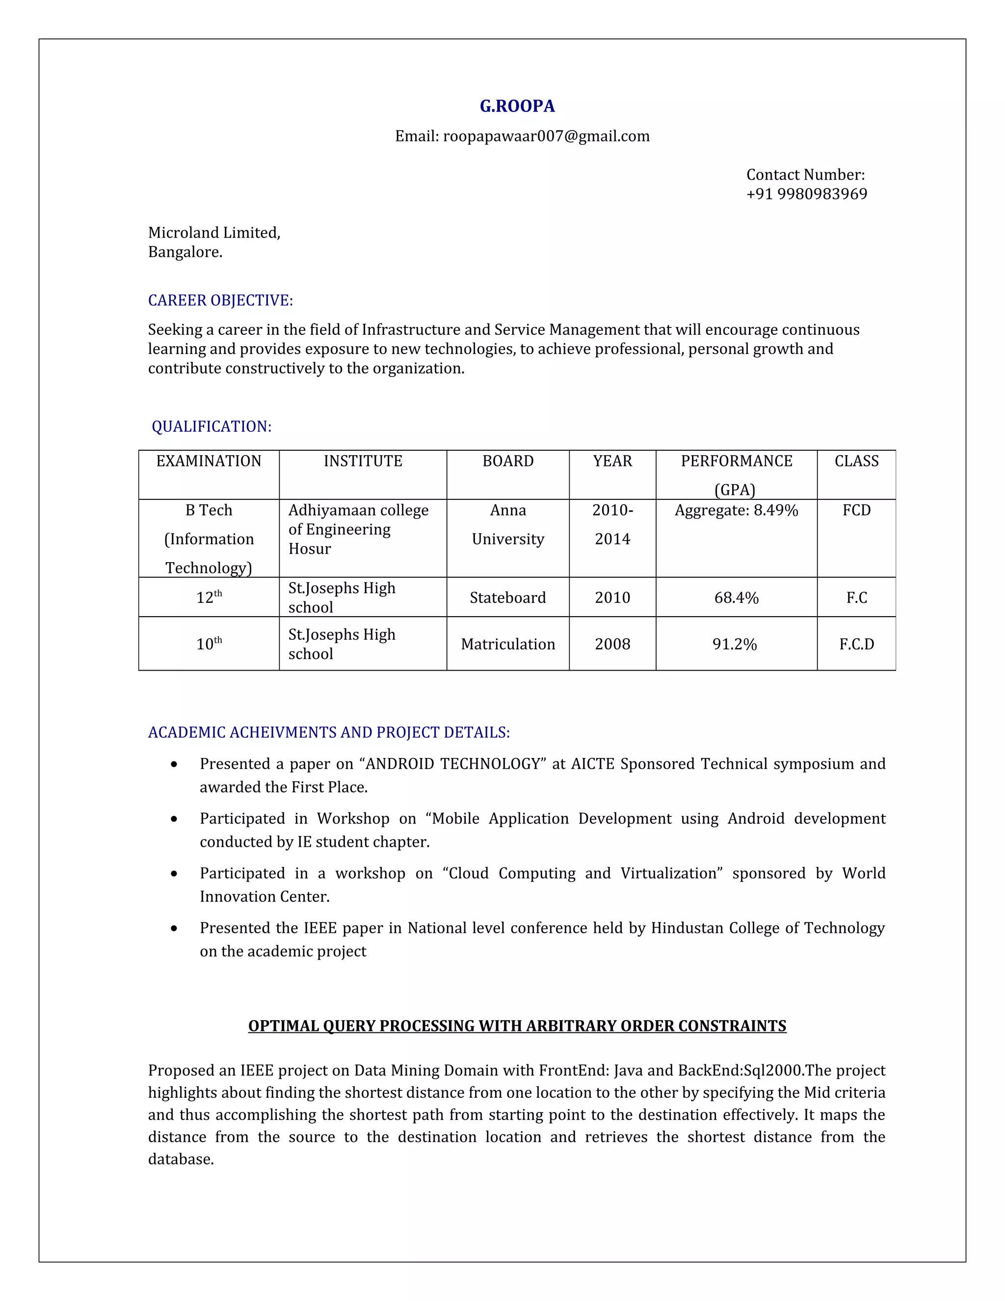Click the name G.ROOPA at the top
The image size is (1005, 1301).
(517, 106)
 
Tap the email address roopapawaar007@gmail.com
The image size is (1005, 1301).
(546, 136)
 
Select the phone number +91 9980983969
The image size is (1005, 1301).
(806, 194)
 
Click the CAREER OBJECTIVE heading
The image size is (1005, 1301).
(220, 300)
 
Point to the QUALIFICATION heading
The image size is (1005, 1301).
(212, 427)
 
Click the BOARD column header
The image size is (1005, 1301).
(508, 461)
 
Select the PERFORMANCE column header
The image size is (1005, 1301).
(736, 461)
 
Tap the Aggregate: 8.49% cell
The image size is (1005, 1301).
(736, 511)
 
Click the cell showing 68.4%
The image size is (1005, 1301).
(736, 597)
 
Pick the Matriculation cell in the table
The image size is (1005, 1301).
(508, 644)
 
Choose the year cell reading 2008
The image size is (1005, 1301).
(612, 644)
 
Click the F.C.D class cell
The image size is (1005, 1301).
(856, 644)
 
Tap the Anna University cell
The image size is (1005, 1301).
(508, 524)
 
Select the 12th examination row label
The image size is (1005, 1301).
(209, 597)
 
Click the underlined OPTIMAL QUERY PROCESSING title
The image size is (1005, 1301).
(517, 1026)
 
